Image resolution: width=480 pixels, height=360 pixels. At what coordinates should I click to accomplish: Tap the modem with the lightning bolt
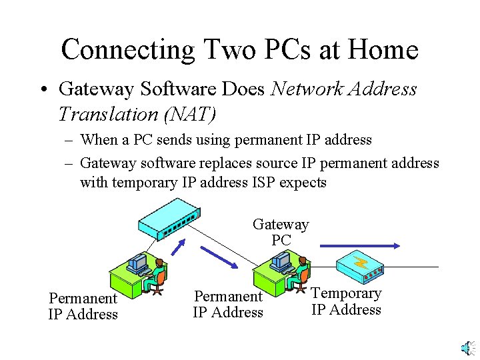click(x=363, y=266)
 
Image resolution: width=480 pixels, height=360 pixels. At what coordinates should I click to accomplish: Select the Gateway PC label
click(x=281, y=232)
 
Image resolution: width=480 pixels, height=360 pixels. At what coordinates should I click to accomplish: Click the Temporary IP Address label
click(x=346, y=301)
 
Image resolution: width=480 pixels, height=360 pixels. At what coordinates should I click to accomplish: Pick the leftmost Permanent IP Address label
click(x=83, y=306)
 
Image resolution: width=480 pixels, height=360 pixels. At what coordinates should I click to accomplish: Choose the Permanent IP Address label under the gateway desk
click(x=228, y=304)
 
